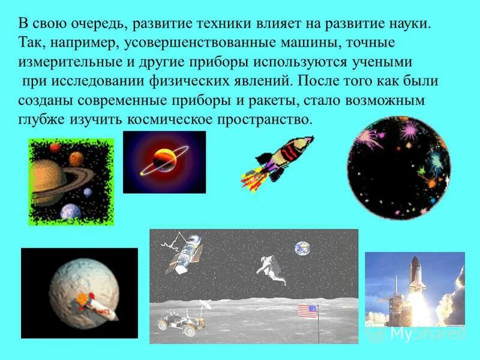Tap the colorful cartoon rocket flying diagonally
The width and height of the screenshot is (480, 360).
click(280, 158)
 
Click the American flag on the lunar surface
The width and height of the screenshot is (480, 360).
click(307, 311)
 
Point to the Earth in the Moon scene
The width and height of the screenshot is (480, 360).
click(301, 248)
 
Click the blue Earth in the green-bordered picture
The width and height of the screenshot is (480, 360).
click(71, 212)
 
